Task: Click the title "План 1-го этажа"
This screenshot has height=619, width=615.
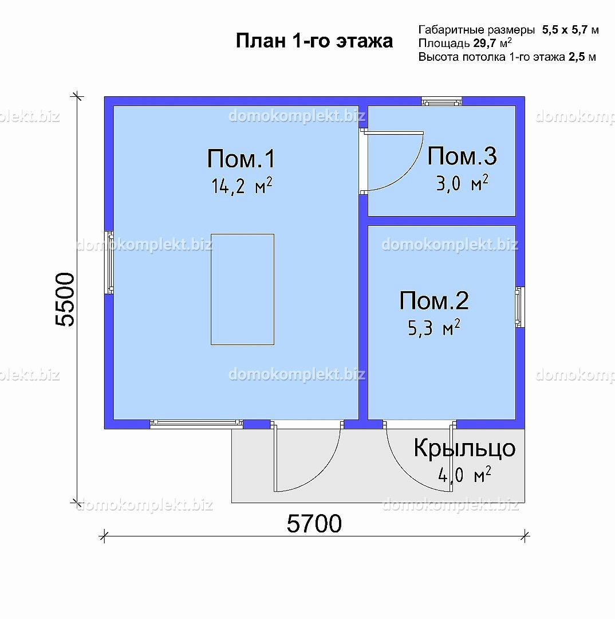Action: [x=314, y=41]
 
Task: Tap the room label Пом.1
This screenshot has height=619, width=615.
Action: [x=241, y=159]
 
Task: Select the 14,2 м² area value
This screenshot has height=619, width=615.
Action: [x=242, y=186]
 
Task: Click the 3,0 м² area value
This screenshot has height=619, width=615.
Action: [x=462, y=183]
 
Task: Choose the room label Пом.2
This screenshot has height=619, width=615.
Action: [x=434, y=300]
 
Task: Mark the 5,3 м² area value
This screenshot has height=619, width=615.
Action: [x=434, y=328]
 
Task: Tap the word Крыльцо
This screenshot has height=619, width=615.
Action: [x=464, y=448]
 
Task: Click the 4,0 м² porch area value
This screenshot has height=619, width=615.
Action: [x=464, y=475]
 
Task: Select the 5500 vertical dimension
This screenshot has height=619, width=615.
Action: [x=65, y=299]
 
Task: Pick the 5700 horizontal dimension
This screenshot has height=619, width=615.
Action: [x=314, y=524]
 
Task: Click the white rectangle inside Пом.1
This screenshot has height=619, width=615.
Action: [x=243, y=289]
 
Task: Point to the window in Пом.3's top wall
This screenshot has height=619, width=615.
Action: [x=441, y=101]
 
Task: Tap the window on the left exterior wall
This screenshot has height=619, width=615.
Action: [x=109, y=262]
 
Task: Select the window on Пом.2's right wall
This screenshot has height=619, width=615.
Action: [x=520, y=307]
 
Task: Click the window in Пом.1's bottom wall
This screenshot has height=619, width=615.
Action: [x=196, y=424]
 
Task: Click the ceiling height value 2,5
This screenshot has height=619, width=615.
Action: [x=576, y=57]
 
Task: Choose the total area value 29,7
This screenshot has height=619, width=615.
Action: [x=484, y=43]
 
